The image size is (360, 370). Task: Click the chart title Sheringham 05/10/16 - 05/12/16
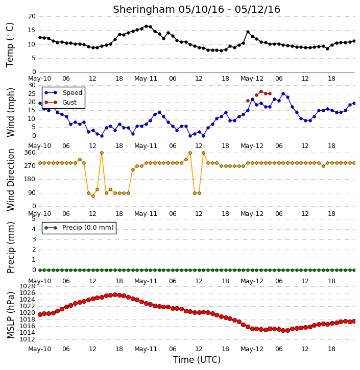point(197,9)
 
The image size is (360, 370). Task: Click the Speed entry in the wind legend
point(63,93)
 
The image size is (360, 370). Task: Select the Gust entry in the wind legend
point(61,103)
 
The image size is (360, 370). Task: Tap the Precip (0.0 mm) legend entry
point(79,228)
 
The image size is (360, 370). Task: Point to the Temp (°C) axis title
point(10,45)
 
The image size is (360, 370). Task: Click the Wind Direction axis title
point(11,180)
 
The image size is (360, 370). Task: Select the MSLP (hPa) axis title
point(10,315)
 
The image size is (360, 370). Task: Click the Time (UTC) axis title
point(197,360)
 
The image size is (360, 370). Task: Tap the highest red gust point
point(261,91)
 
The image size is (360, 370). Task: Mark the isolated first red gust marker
point(248,101)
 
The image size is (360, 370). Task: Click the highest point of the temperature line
point(147,26)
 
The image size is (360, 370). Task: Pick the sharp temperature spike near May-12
point(248,32)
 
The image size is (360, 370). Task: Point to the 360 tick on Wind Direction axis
point(30,153)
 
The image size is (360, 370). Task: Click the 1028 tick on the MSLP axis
point(27,286)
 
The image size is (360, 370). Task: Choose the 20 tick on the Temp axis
point(32,16)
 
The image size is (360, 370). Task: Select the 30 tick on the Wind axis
point(32,85)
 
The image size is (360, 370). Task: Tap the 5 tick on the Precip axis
point(34,219)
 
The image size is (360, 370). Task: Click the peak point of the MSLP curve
point(115,295)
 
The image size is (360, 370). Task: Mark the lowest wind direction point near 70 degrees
point(93,196)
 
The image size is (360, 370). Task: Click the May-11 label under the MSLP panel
point(146,349)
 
